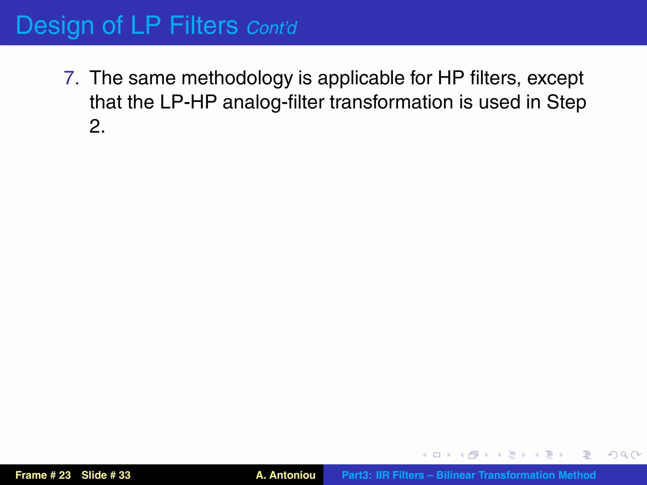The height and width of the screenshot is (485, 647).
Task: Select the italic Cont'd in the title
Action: [x=272, y=28]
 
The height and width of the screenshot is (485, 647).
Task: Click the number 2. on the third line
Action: [x=97, y=126]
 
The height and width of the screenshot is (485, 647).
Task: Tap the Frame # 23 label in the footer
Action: [x=43, y=475]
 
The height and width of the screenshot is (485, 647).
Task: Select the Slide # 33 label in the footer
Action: [x=106, y=475]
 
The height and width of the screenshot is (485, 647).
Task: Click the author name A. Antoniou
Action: [x=286, y=475]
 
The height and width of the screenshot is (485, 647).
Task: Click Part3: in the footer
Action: [x=357, y=475]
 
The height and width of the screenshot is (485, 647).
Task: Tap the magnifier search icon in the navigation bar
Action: [x=624, y=455]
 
